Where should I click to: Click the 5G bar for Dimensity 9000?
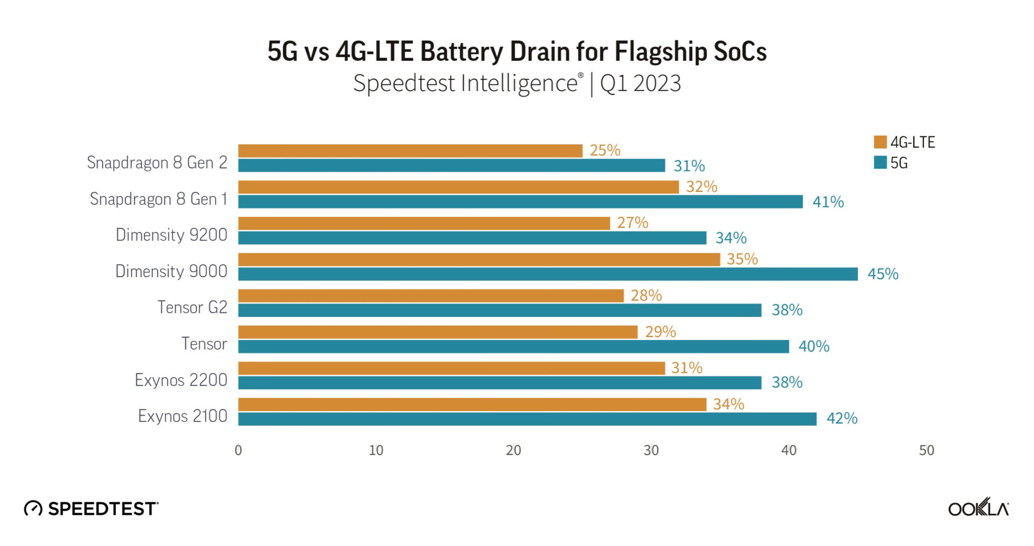(547, 274)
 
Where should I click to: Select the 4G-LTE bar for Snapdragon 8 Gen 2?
(410, 151)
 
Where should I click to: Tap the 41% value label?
(828, 202)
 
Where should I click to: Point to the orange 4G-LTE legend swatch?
(880, 142)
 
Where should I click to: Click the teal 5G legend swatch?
(880, 162)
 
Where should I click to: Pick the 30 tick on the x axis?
(651, 450)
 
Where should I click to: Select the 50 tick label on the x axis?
(926, 450)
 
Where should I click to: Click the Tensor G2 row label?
(192, 307)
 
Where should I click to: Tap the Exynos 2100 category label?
(183, 416)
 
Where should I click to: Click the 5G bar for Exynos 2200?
(499, 383)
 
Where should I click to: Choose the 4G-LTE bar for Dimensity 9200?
(423, 223)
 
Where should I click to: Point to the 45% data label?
(883, 274)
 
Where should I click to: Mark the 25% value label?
(605, 150)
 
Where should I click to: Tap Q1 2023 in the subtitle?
(640, 84)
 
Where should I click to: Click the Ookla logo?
(978, 508)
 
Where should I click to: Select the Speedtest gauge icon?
(33, 508)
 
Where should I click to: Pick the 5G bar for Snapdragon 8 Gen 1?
(520, 202)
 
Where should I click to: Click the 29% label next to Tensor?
(660, 331)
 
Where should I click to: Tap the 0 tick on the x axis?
(238, 450)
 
